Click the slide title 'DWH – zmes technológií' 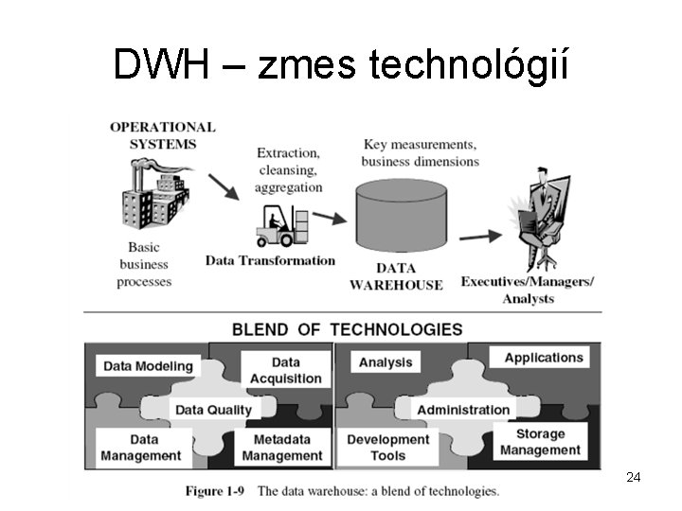[x=340, y=64]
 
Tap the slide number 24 [x=634, y=477]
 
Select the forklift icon [x=281, y=225]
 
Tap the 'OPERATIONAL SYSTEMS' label [x=162, y=135]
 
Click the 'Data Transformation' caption [x=270, y=260]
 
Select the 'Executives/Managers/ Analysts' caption [x=528, y=290]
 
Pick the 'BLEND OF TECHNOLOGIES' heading [x=348, y=329]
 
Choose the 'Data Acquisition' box [x=285, y=370]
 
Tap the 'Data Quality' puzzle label [x=213, y=410]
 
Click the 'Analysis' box [x=386, y=362]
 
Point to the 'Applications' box [x=543, y=358]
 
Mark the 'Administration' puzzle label [x=463, y=410]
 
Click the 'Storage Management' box [x=540, y=442]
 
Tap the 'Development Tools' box [x=387, y=448]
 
